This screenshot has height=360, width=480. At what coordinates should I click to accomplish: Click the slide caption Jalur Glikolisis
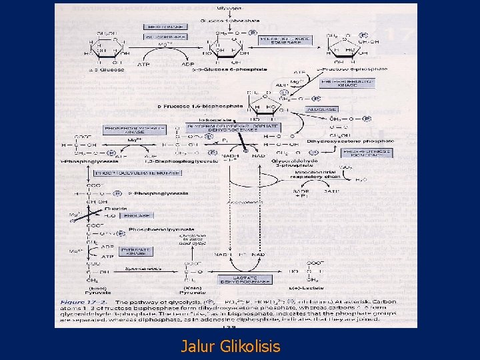point(231,347)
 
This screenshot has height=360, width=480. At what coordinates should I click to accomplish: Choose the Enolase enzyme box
point(139,216)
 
